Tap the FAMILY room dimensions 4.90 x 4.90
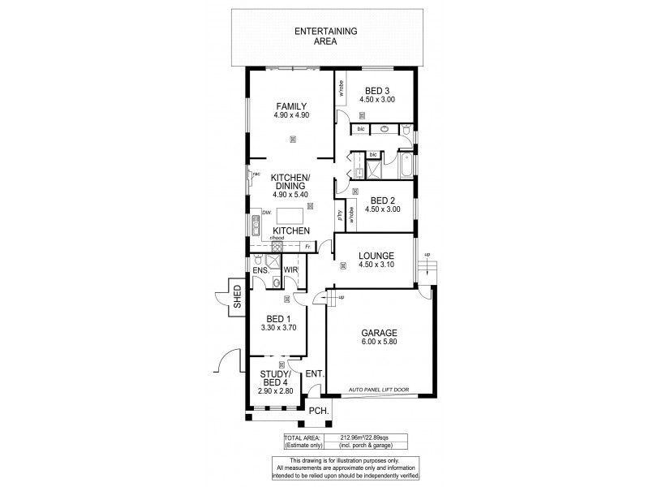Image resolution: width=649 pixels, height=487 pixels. point(291,114)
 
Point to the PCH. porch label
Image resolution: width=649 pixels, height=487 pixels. point(319,412)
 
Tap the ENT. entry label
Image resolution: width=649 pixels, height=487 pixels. point(315,374)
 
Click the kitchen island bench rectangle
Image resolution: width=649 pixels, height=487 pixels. point(290,215)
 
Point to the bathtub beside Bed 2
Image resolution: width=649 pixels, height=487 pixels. point(403,169)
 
